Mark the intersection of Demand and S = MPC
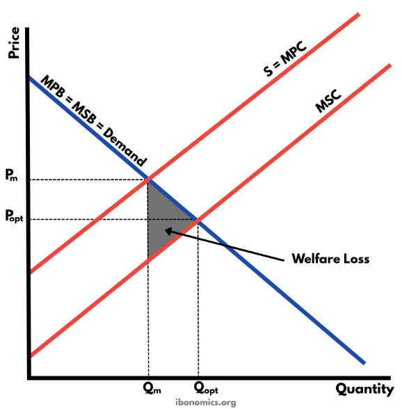(148, 179)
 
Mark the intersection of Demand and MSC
(198, 220)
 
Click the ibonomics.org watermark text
(201, 402)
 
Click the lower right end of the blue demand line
(364, 362)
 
